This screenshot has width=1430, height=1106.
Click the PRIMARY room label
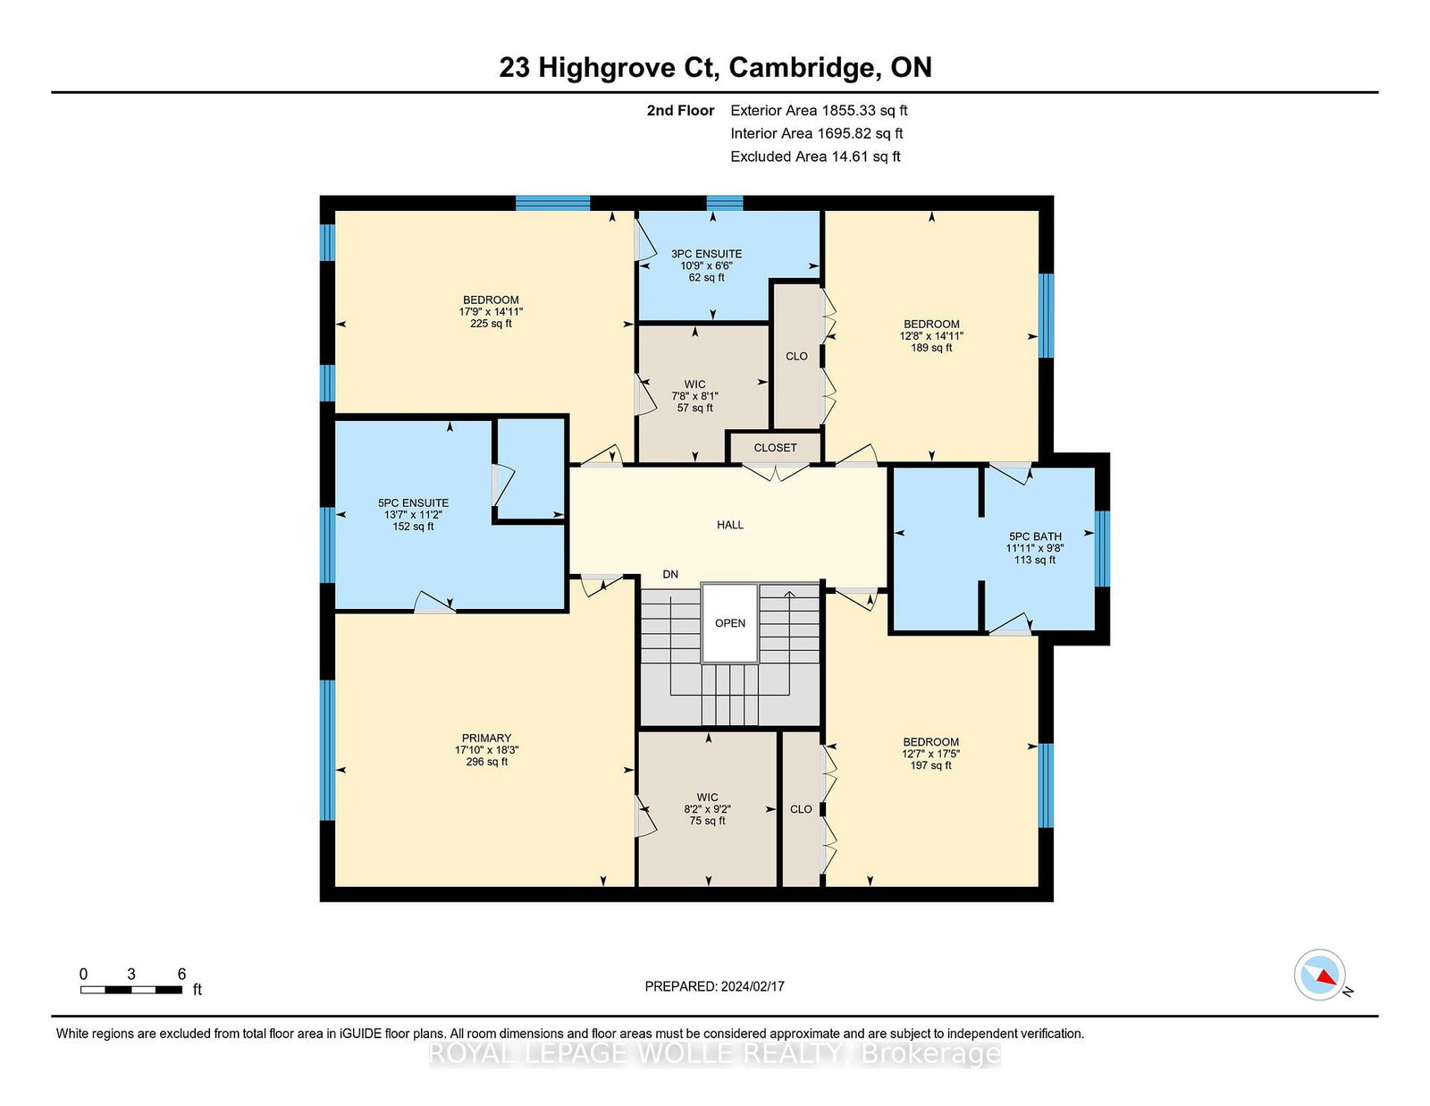pyautogui.click(x=486, y=738)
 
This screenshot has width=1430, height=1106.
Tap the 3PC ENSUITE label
pyautogui.click(x=706, y=253)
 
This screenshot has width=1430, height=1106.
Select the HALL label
pyautogui.click(x=730, y=525)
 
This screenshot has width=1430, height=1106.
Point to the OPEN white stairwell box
pyautogui.click(x=730, y=623)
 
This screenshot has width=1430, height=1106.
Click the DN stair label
pyautogui.click(x=670, y=574)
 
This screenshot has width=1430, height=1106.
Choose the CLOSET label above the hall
pyautogui.click(x=775, y=448)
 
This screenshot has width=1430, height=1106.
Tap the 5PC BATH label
pyautogui.click(x=1034, y=536)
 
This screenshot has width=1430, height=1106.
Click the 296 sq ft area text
pyautogui.click(x=486, y=762)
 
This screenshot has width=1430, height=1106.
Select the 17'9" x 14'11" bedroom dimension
pyautogui.click(x=491, y=312)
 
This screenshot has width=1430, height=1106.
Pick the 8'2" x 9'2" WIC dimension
pyautogui.click(x=708, y=809)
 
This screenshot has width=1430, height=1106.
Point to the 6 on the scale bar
pyautogui.click(x=181, y=974)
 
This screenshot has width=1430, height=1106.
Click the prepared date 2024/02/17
pyautogui.click(x=753, y=986)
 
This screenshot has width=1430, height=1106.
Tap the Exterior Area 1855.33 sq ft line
pyautogui.click(x=819, y=111)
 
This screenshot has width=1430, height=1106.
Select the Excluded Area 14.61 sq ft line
pyautogui.click(x=815, y=156)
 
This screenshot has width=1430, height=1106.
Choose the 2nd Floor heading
pyautogui.click(x=680, y=111)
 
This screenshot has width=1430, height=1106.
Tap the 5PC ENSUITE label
pyautogui.click(x=413, y=503)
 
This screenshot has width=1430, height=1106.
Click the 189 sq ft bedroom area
pyautogui.click(x=931, y=348)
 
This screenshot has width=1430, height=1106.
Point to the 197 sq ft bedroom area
pyautogui.click(x=930, y=765)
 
